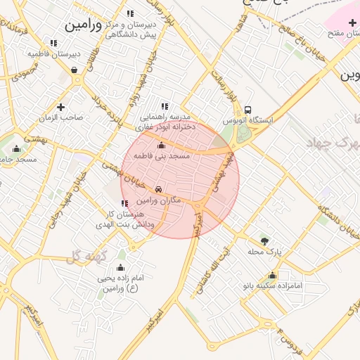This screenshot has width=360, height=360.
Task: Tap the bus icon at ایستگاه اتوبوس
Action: (x=248, y=110)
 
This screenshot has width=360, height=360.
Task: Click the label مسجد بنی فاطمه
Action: (x=162, y=156)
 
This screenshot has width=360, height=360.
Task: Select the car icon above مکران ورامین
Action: (x=159, y=190)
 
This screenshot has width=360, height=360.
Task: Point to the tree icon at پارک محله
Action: (x=264, y=240)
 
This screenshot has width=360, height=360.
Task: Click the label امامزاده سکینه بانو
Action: (x=274, y=286)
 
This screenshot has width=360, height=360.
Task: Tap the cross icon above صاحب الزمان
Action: (x=61, y=107)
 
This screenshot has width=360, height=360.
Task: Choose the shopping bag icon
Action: (x=75, y=70)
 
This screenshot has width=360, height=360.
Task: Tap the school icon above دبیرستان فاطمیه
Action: (x=54, y=43)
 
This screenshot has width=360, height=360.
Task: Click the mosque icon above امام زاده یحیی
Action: (x=120, y=267)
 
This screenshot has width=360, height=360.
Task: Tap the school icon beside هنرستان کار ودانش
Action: (x=125, y=203)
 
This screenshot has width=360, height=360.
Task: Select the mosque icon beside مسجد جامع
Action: (x=17, y=148)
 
